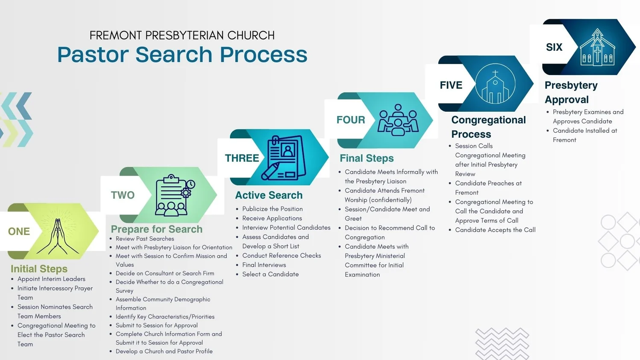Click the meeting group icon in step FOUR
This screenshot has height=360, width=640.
click(398, 120)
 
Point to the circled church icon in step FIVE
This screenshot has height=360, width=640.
click(495, 84)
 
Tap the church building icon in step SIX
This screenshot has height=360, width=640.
click(597, 47)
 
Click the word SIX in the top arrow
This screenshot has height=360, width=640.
click(554, 47)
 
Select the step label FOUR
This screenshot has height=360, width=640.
click(351, 120)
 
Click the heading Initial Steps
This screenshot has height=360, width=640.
click(39, 269)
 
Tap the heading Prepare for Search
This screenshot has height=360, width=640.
click(157, 229)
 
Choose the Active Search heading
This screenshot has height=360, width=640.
click(269, 195)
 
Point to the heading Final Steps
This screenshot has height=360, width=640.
click(367, 158)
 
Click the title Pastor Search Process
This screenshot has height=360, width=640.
click(182, 55)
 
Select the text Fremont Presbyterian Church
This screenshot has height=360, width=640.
click(182, 35)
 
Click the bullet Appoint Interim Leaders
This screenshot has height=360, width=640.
click(51, 279)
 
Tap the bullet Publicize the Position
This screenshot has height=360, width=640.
click(272, 209)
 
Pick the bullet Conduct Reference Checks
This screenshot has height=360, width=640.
click(282, 255)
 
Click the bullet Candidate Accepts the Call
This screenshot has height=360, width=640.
click(495, 230)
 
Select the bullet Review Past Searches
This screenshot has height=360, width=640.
click(145, 239)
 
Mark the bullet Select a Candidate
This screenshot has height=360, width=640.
click(271, 274)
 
